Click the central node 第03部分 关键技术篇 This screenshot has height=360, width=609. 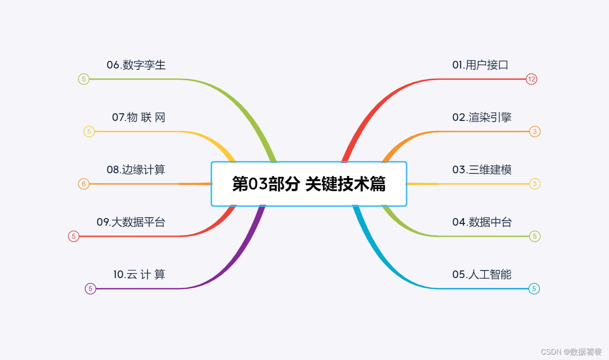(309, 184)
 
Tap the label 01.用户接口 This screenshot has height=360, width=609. (480, 65)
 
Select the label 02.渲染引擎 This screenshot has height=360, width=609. (481, 117)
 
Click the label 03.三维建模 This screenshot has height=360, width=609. (481, 170)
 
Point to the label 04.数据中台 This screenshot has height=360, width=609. (481, 222)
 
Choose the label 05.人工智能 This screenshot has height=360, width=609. (481, 274)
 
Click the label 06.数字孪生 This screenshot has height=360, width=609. (136, 65)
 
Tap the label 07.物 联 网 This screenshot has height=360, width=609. (139, 117)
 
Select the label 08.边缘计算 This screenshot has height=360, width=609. (136, 170)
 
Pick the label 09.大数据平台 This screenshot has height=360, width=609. (131, 222)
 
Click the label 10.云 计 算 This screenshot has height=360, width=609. (139, 274)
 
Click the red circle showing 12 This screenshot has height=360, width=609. (531, 79)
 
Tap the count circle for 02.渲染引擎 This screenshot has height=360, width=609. (534, 132)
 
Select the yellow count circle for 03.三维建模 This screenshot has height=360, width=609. (534, 184)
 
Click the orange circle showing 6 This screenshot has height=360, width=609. (84, 184)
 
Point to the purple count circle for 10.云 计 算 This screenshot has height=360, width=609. (90, 289)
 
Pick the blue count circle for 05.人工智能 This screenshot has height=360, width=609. (534, 289)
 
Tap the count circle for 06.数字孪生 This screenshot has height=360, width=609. (84, 79)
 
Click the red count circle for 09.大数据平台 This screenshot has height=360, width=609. (74, 236)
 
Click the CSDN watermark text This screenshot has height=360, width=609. (571, 352)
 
